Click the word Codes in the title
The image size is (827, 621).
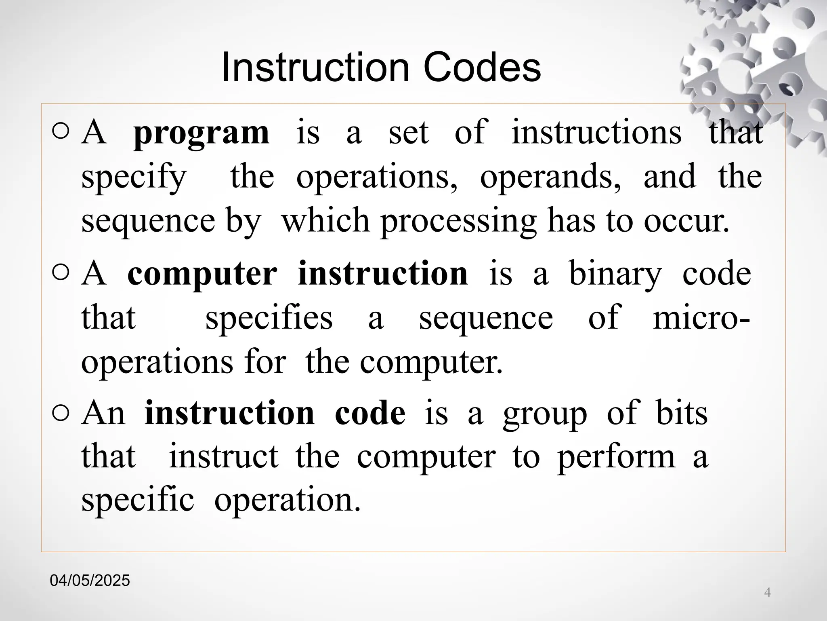click(x=482, y=68)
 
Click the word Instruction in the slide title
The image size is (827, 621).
click(x=315, y=68)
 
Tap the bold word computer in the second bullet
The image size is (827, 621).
click(x=202, y=274)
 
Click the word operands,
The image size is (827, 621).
click(x=550, y=177)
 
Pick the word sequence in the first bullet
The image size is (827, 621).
click(x=148, y=222)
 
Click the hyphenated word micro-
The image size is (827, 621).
click(x=701, y=318)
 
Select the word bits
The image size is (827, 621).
click(x=682, y=413)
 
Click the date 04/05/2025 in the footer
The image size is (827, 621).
click(x=90, y=581)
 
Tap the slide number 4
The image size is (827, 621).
click(x=767, y=593)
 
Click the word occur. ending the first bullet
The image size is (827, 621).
click(x=686, y=222)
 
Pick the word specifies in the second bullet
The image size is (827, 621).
click(x=269, y=318)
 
